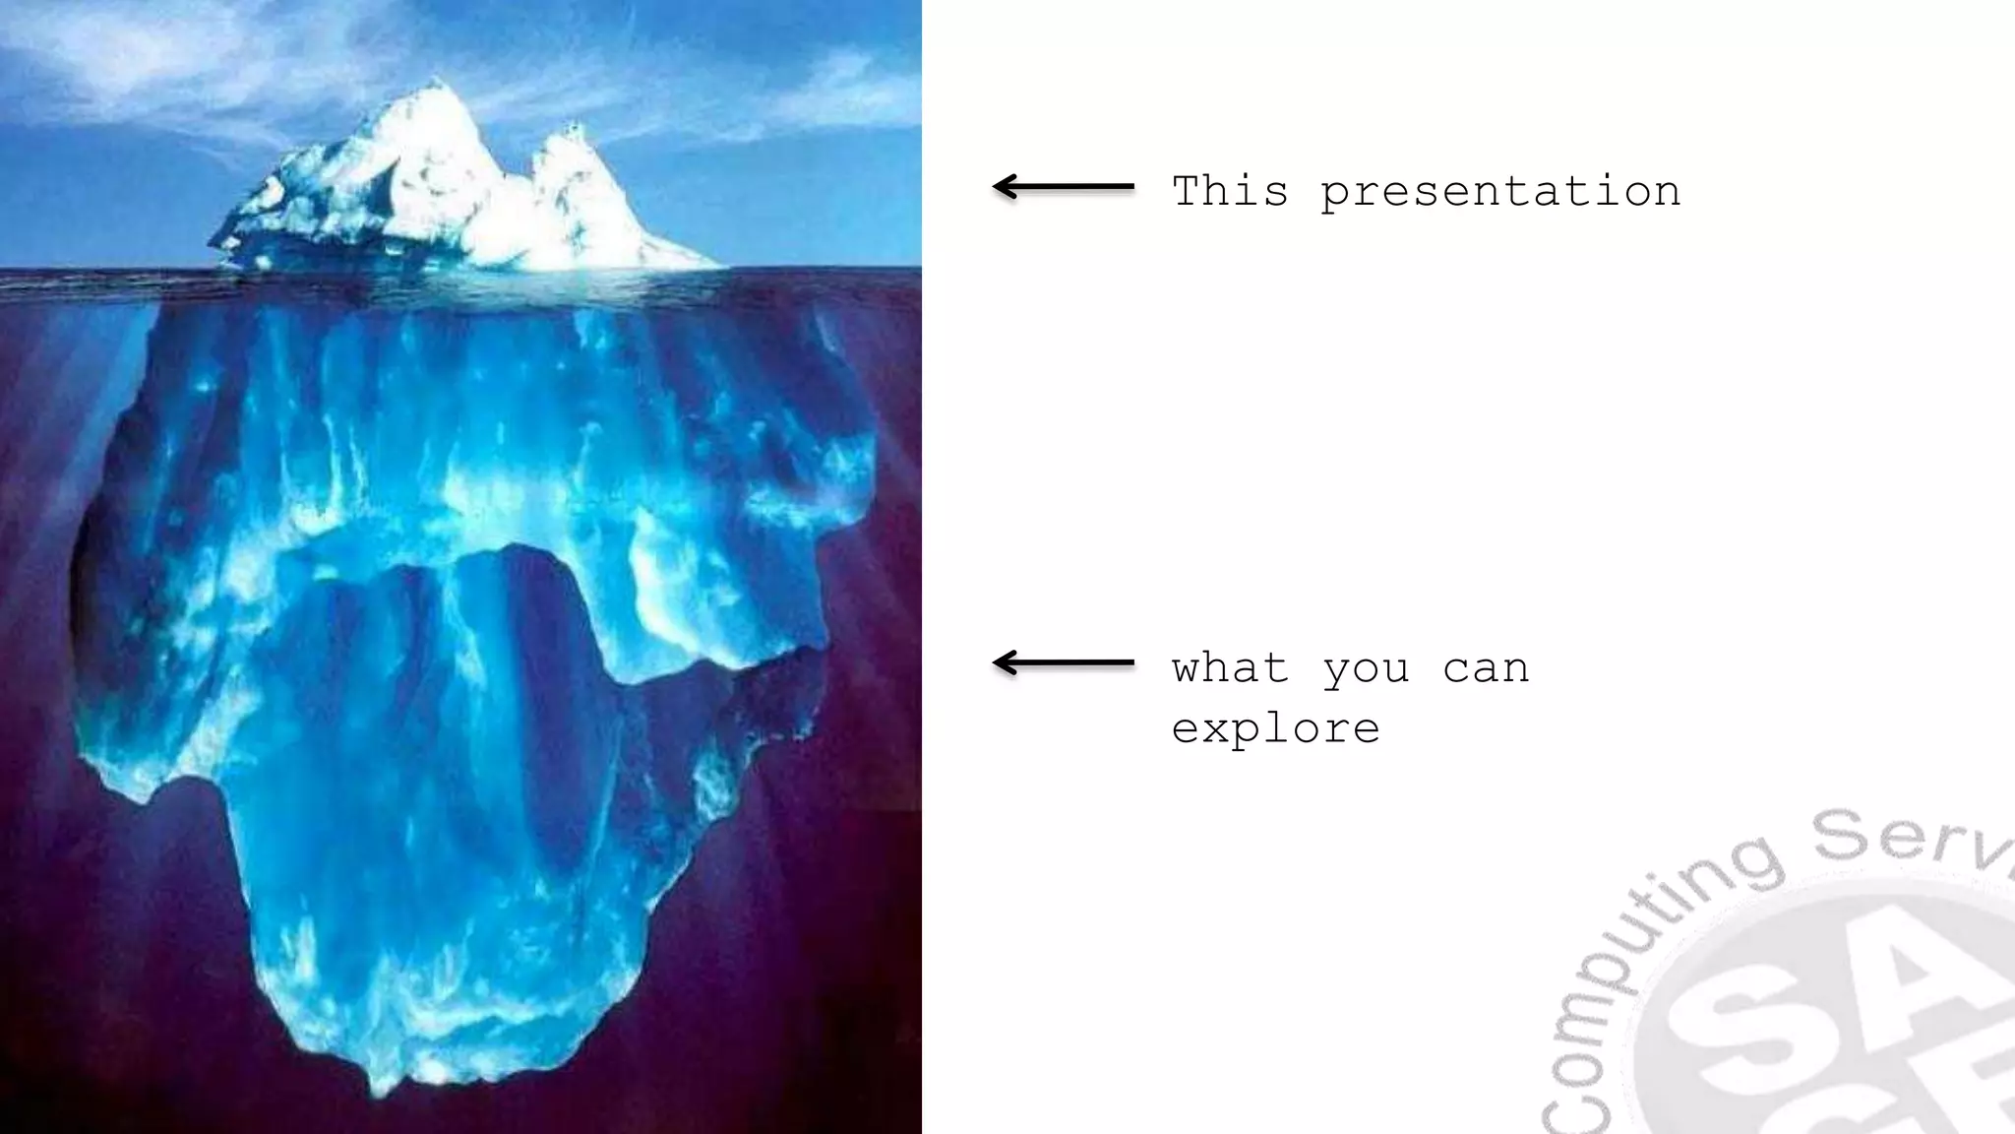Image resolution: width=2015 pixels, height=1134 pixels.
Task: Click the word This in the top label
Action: tap(1230, 191)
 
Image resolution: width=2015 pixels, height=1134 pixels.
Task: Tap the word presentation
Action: tap(1500, 193)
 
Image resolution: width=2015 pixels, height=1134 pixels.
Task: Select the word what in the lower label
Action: tap(1230, 668)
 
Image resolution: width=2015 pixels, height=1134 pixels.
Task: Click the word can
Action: tap(1486, 669)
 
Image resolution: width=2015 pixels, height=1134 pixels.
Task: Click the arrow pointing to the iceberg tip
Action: tap(1063, 186)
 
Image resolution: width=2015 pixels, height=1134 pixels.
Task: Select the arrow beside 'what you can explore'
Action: tap(1063, 663)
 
